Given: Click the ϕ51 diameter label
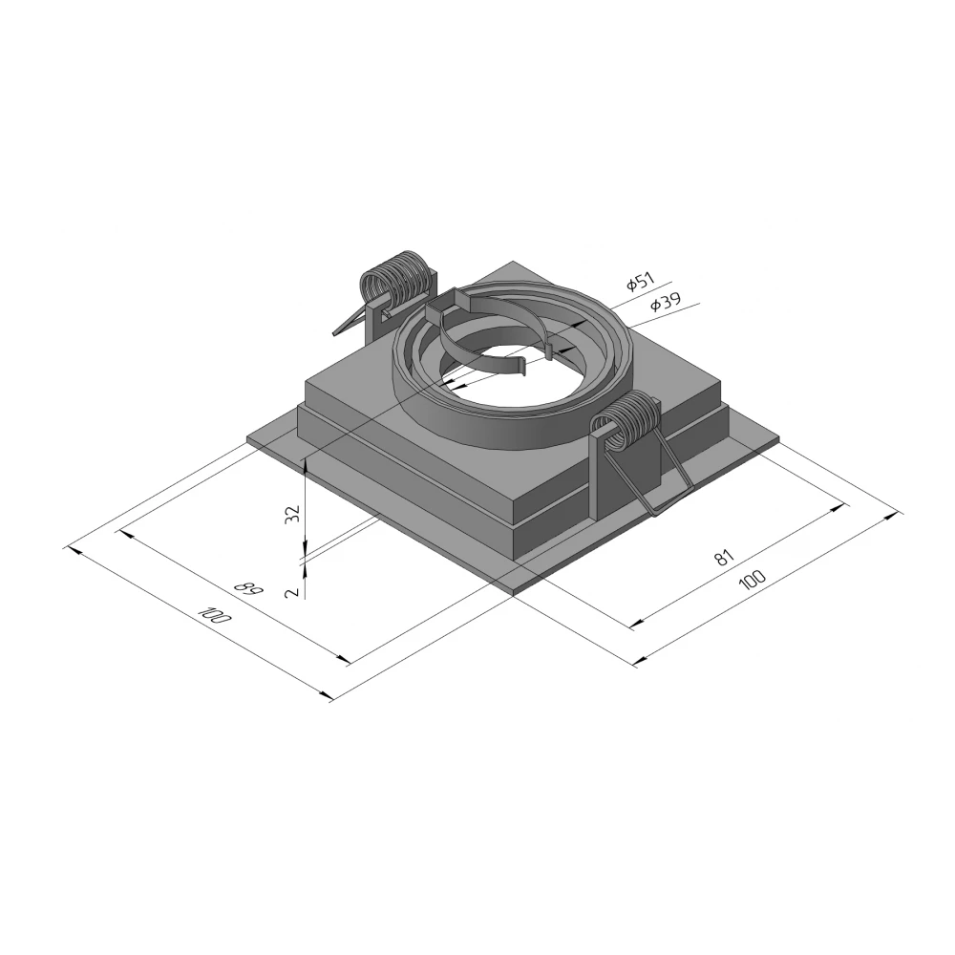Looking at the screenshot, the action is tap(640, 283).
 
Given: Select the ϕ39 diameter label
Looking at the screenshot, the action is tap(665, 302).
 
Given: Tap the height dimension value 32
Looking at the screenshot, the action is tap(293, 514).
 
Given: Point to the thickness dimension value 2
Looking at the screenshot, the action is tap(293, 591).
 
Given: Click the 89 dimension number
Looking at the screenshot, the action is tap(248, 589).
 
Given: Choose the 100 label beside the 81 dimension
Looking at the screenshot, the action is tap(753, 580).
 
